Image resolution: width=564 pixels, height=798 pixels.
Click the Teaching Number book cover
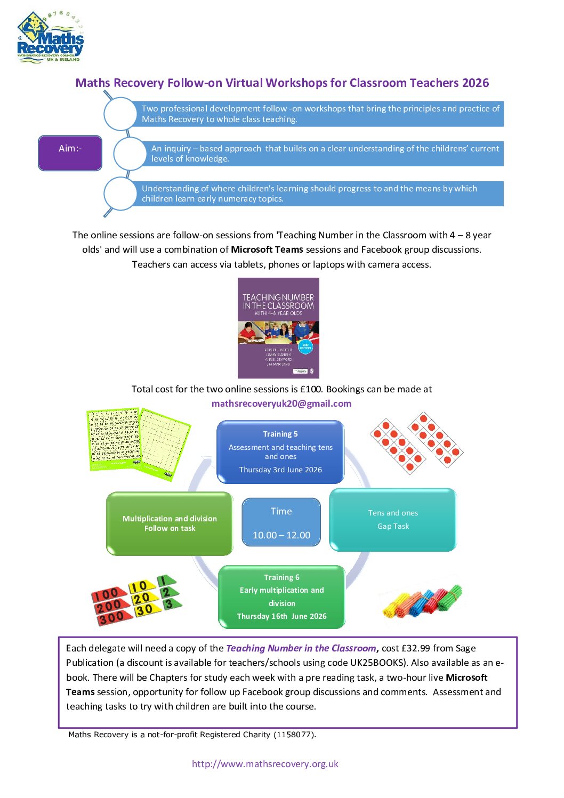point(278,328)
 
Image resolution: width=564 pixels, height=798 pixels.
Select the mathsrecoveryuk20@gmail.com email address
point(281,404)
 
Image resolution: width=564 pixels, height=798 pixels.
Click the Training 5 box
point(280,452)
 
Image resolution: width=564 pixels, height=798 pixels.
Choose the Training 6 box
point(281,597)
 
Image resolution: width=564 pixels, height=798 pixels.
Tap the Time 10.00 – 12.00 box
point(281,522)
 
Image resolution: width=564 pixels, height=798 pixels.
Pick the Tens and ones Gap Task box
point(393,520)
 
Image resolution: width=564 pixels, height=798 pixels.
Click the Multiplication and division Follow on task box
point(170,523)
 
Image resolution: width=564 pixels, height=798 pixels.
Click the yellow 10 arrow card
point(140,586)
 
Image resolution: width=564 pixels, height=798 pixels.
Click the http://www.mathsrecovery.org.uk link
point(265,764)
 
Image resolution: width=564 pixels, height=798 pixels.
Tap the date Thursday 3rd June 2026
point(280,470)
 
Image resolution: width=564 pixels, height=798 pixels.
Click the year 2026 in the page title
point(476,83)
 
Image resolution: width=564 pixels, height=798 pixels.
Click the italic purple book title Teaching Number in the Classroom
point(301,648)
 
